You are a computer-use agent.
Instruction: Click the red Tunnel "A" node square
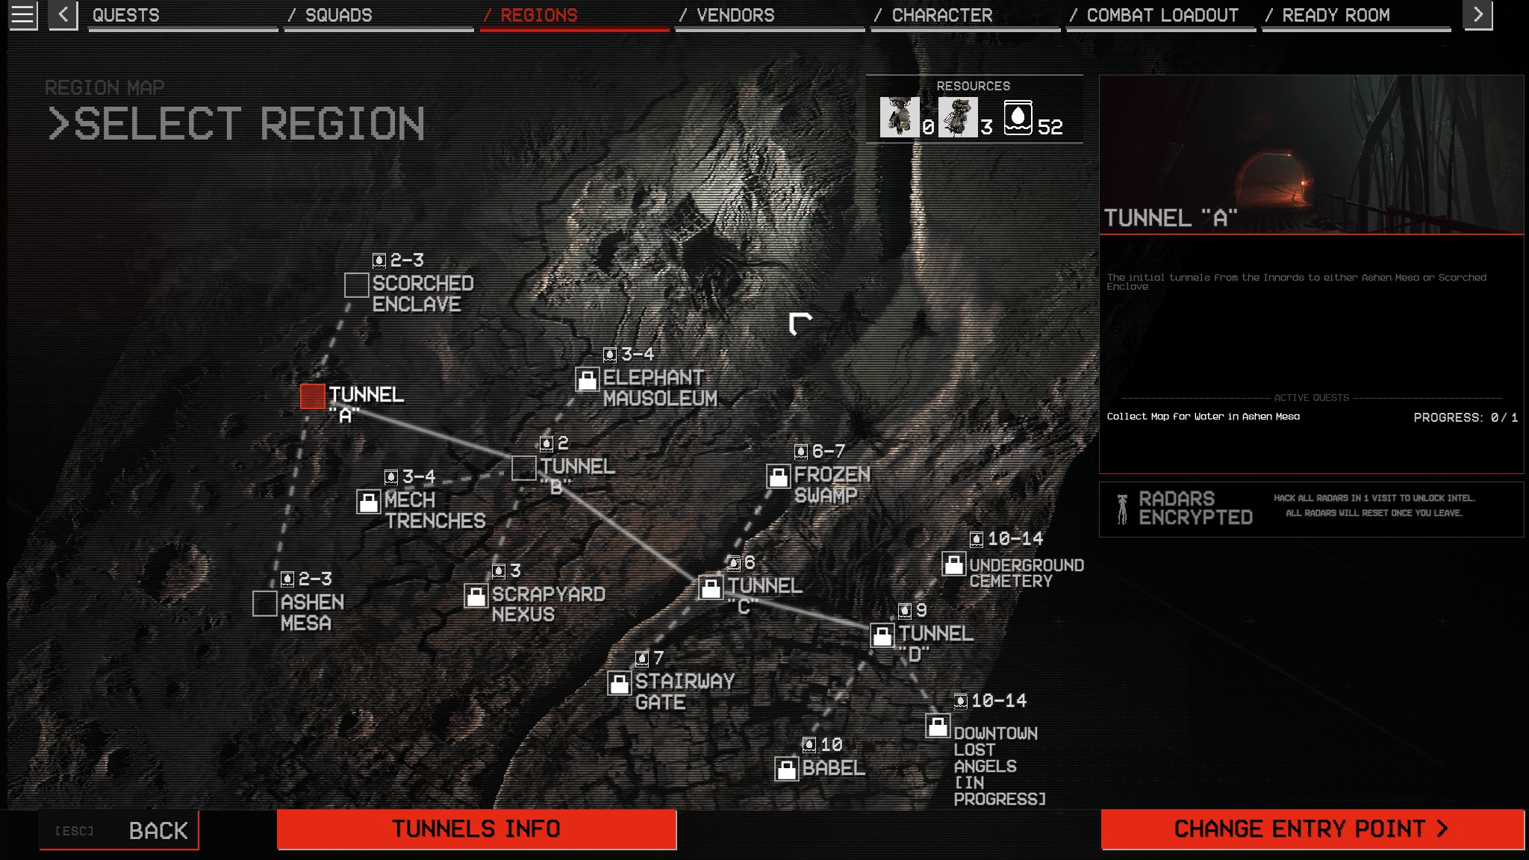(x=313, y=396)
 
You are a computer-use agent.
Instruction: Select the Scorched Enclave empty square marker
(x=357, y=285)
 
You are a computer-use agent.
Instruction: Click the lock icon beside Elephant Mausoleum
(x=588, y=380)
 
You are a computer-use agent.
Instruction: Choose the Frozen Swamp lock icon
(x=779, y=477)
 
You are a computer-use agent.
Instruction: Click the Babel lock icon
(x=787, y=770)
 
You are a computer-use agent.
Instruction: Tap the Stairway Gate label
(x=685, y=692)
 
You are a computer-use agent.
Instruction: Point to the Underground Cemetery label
(x=1027, y=573)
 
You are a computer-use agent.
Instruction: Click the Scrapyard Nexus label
(x=548, y=605)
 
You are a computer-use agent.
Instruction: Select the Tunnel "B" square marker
(x=524, y=469)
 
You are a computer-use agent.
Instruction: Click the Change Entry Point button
(x=1312, y=829)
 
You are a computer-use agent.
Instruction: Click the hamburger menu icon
(x=22, y=16)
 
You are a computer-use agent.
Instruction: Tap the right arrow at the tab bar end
(x=1477, y=15)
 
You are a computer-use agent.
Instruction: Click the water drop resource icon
(x=1018, y=118)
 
